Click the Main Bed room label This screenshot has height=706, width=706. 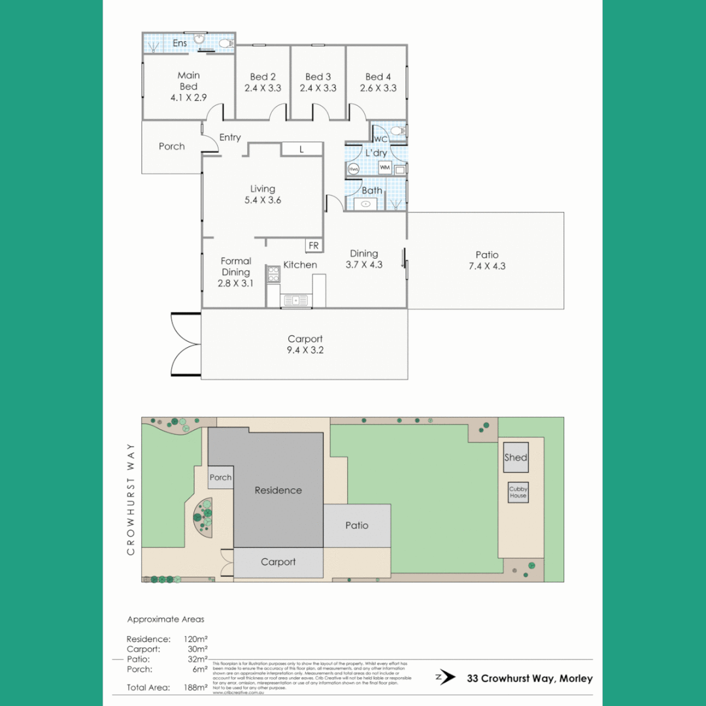point(188,81)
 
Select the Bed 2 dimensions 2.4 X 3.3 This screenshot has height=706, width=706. point(263,88)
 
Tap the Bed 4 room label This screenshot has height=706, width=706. point(379,76)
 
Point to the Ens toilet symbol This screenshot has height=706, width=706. point(224,44)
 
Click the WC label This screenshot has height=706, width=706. point(380,139)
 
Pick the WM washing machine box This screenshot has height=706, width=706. point(385,168)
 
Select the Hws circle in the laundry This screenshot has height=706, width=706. point(354,169)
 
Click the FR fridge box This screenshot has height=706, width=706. point(314,245)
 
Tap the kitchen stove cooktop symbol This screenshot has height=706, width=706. point(273,275)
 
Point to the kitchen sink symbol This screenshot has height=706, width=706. point(295,300)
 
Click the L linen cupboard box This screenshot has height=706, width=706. point(301,149)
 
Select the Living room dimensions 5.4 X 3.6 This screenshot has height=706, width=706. point(262,200)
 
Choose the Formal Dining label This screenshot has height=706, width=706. point(235,266)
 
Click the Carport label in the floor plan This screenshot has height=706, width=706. point(305,339)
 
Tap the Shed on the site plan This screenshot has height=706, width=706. point(515,458)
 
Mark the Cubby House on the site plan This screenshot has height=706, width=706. point(518,492)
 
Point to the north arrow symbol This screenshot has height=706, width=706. point(446,677)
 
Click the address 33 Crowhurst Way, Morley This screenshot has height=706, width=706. point(529,678)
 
